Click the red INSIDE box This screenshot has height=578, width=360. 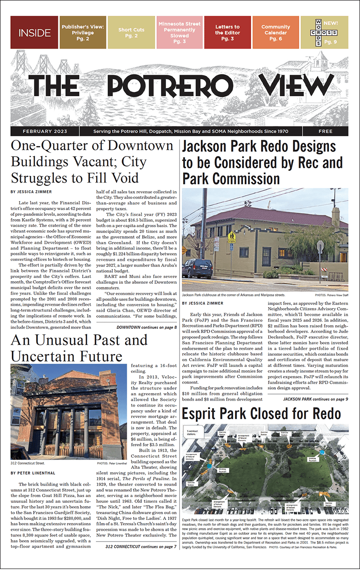34,32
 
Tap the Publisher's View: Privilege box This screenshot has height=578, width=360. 83,32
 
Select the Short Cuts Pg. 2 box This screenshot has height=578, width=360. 131,32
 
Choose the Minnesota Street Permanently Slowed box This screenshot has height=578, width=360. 180,32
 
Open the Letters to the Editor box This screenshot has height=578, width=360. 228,32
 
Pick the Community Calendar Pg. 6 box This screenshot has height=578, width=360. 275,32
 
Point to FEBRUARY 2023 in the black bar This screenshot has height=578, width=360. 45,131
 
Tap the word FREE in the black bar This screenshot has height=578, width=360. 325,131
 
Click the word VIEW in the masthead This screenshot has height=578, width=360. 294,85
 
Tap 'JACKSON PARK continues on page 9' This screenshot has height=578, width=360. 315,399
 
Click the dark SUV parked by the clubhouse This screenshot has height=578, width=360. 198,268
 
